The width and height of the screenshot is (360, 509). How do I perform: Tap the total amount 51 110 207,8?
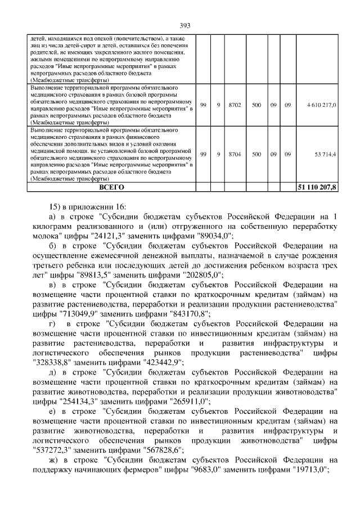317,187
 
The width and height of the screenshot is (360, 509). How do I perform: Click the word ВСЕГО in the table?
111,187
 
